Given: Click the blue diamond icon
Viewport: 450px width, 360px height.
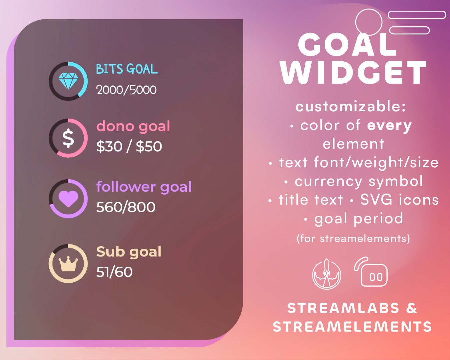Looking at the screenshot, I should point(68,81).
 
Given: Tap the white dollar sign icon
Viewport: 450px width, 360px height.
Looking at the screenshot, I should point(68,138).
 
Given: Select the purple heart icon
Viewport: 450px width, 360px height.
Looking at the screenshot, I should point(68,199).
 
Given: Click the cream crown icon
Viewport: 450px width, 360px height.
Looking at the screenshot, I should point(68,264).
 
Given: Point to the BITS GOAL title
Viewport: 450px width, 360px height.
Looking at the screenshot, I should point(127,69).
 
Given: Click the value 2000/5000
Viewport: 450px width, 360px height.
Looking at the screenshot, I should point(126,90).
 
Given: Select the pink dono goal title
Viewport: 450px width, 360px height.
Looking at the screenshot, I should point(133,126).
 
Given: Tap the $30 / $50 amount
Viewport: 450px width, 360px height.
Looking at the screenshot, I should point(129,146).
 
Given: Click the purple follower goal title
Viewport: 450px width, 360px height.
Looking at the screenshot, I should point(144,187).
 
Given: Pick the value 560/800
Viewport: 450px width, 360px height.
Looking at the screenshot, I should point(126,207).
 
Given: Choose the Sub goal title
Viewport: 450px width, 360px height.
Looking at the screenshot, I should point(129,252).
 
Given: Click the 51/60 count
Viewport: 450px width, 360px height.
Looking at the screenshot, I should point(114,272).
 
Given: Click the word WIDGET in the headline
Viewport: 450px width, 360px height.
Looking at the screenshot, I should point(353,73).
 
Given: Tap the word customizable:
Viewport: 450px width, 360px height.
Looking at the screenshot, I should point(351,107).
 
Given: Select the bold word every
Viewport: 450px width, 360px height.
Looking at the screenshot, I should point(389,126).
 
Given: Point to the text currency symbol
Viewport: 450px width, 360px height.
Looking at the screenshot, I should point(359,181).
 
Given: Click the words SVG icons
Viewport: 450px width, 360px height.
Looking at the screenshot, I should point(399,200).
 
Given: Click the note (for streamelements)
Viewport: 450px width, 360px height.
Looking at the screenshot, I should point(353,238).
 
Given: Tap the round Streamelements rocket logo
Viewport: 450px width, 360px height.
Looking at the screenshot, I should point(327,274).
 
